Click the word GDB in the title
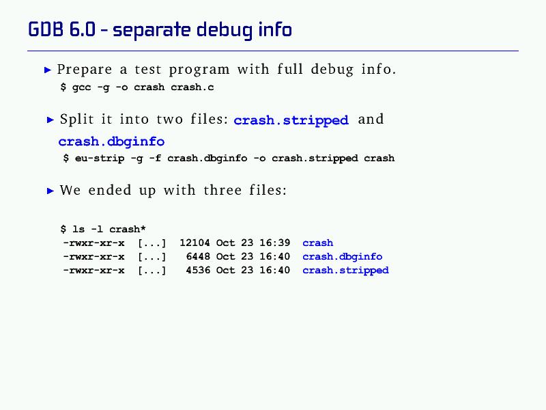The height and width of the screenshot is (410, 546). tap(46, 29)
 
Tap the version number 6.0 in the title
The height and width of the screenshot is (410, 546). tap(82, 29)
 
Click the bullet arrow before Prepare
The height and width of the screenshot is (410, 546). tap(48, 70)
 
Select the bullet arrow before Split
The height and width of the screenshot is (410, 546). tap(51, 120)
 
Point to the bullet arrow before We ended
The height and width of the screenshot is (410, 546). tap(51, 191)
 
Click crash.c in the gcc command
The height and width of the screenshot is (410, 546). tap(192, 87)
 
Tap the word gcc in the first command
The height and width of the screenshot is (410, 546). tap(81, 87)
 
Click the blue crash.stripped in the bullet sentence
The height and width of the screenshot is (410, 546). tap(291, 120)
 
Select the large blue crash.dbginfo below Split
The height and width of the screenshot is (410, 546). tap(111, 141)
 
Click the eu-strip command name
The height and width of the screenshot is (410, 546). tap(100, 159)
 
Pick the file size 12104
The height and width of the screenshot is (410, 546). tap(195, 243)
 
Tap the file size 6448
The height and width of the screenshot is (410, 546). tap(198, 256)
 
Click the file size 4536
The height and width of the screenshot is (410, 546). tap(198, 270)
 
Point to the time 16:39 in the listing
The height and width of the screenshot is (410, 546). tap(275, 243)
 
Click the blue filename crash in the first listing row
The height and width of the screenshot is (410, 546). tap(317, 243)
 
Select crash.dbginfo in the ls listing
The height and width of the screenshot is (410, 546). tap(343, 257)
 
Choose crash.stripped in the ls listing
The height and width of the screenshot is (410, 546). tap(345, 271)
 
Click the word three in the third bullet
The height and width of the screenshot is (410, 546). tap(222, 191)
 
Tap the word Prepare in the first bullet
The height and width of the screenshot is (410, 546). tap(85, 70)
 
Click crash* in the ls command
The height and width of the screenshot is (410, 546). tap(128, 229)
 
